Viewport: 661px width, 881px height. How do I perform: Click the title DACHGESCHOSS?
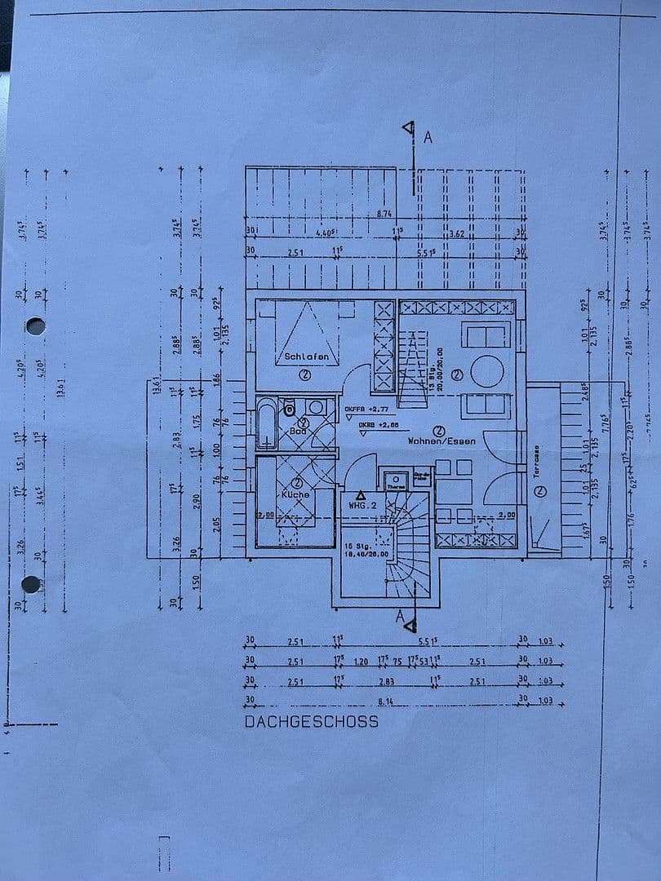(x=311, y=721)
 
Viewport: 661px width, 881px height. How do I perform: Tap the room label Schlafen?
(x=306, y=356)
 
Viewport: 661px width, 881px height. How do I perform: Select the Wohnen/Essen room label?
(x=441, y=440)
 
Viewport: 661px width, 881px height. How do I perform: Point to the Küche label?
(x=295, y=495)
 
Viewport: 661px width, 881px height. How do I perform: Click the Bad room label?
(x=297, y=431)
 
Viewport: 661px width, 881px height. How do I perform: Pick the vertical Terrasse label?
(x=537, y=462)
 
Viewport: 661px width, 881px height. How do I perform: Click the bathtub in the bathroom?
(x=267, y=423)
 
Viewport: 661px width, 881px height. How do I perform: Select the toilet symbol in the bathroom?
(x=289, y=410)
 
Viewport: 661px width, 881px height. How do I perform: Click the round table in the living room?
(x=487, y=371)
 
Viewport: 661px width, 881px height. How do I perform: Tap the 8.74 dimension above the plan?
(x=385, y=214)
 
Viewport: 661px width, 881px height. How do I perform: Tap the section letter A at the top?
(x=427, y=137)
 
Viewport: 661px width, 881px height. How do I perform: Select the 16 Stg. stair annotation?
(x=359, y=547)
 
